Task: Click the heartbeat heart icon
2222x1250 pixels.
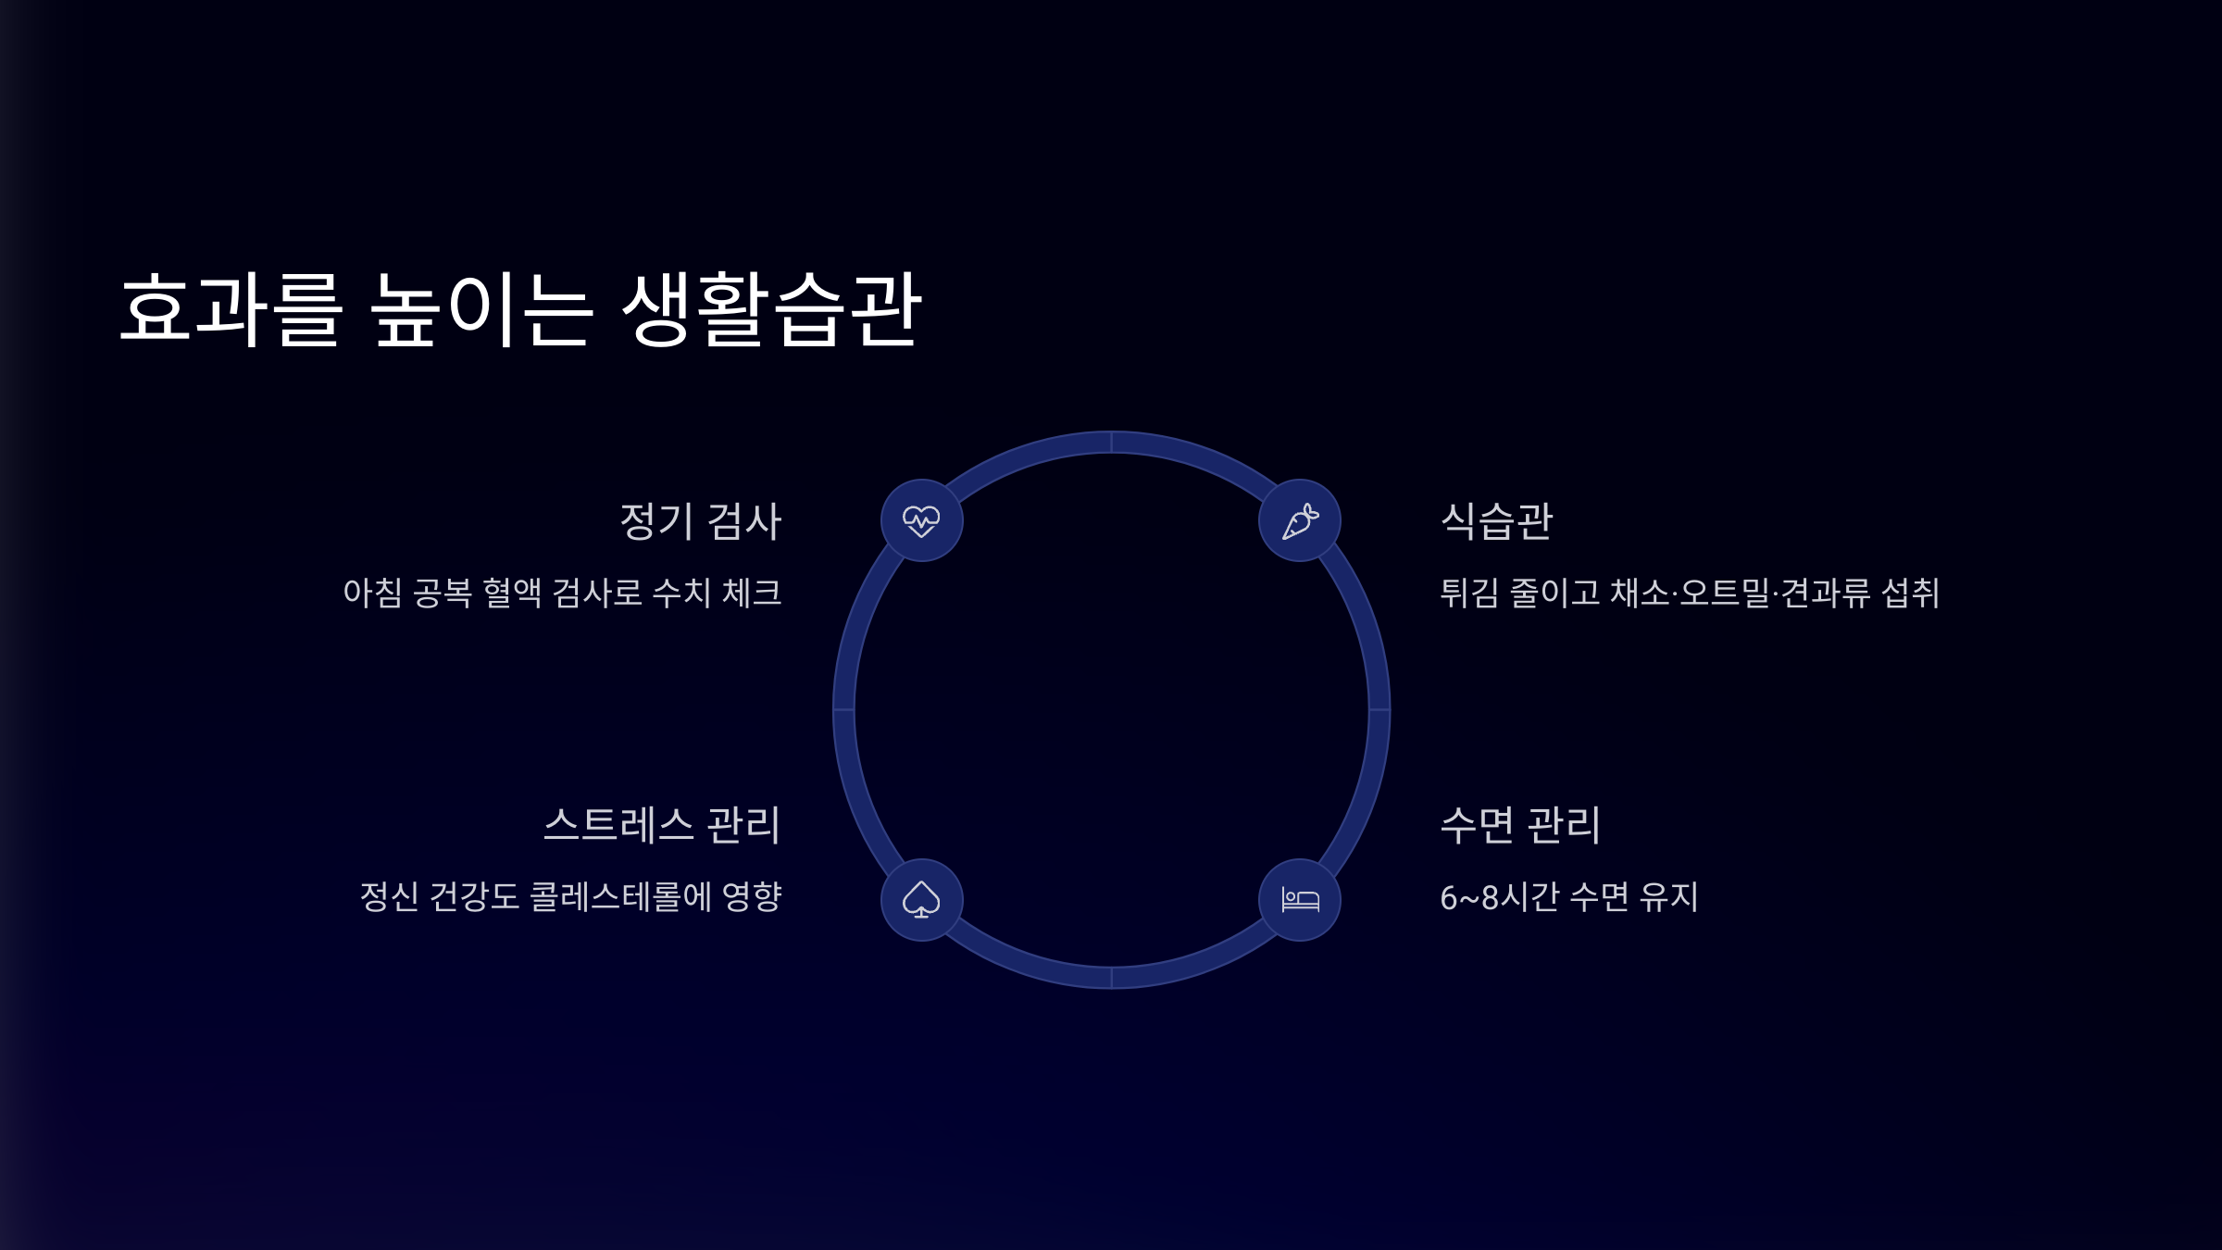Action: pyautogui.click(x=921, y=520)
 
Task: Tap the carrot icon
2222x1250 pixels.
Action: pyautogui.click(x=1300, y=520)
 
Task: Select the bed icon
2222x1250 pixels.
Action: pyautogui.click(x=1300, y=899)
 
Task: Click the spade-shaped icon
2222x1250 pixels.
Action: pyautogui.click(x=921, y=899)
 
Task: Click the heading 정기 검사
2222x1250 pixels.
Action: pyautogui.click(x=700, y=521)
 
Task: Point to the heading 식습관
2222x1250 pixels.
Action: pyautogui.click(x=1497, y=521)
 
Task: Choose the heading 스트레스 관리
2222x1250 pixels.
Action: pyautogui.click(x=662, y=825)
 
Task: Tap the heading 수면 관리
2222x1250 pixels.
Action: pyautogui.click(x=1520, y=825)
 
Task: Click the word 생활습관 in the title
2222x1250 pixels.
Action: pyautogui.click(x=771, y=310)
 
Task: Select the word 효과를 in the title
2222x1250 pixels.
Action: pyautogui.click(x=231, y=310)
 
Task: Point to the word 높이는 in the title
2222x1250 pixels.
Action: pyautogui.click(x=481, y=310)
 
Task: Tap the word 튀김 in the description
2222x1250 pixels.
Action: pyautogui.click(x=1469, y=594)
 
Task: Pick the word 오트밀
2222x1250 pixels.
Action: pyautogui.click(x=1725, y=594)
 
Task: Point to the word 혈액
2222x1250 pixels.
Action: pyautogui.click(x=512, y=594)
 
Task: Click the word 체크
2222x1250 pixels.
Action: pyautogui.click(x=752, y=594)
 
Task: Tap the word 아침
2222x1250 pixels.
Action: pyautogui.click(x=372, y=594)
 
